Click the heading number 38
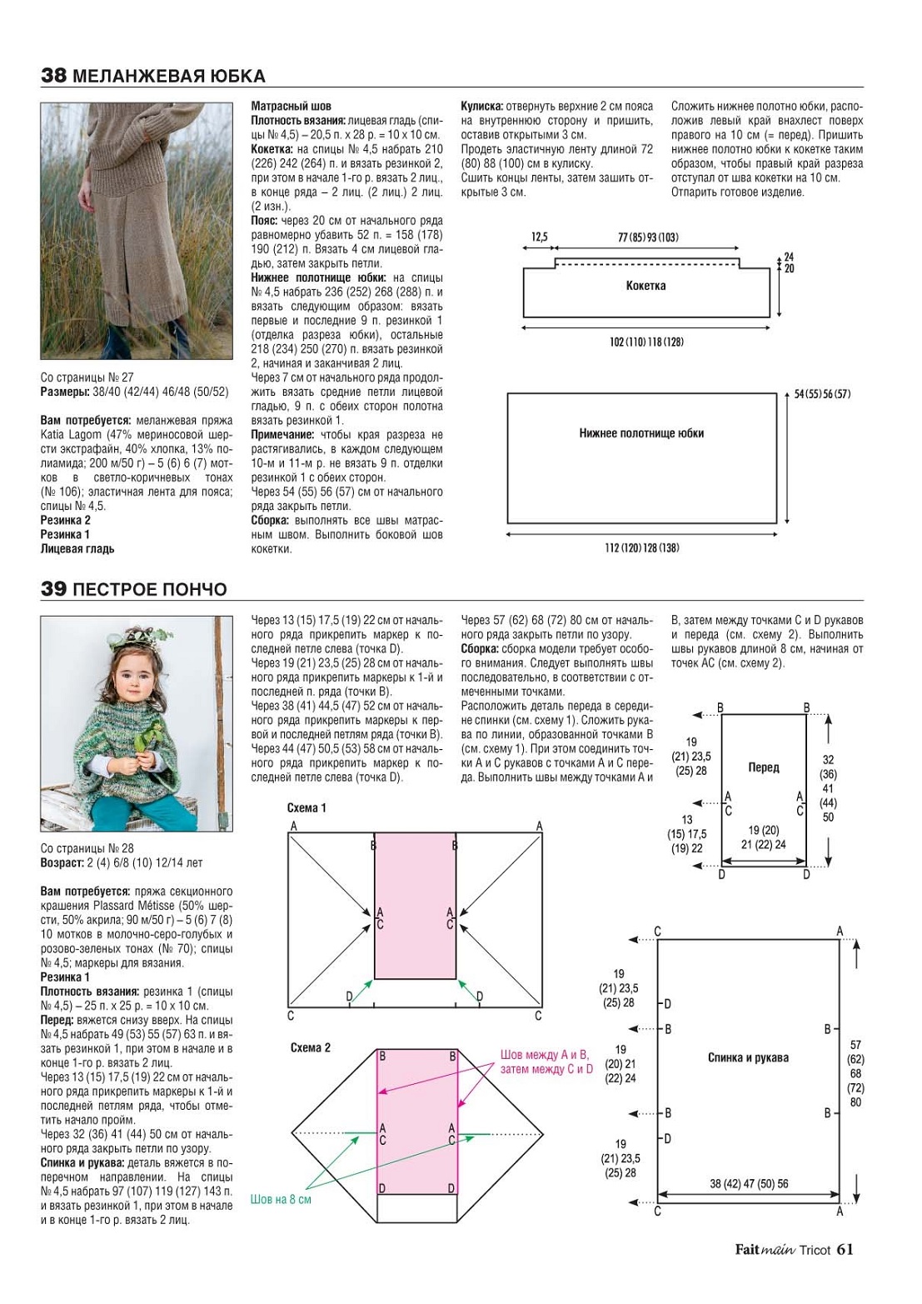pos(53,77)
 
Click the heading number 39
pos(53,590)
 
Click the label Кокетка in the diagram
pos(645,286)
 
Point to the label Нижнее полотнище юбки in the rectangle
pos(641,433)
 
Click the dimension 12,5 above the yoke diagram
pos(540,237)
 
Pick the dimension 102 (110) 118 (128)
pos(646,342)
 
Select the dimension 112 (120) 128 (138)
pos(641,547)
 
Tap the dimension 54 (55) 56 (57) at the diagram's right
pos(822,394)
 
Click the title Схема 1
pos(307,808)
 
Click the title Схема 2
pos(311,1047)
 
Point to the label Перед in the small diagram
pos(763,767)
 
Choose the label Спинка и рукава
pos(748,1058)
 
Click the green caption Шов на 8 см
pos(281,1199)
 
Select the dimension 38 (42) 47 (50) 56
pos(749,1183)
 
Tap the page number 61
pos(845,1249)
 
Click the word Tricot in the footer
pos(815,1250)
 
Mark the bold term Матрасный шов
pos(291,106)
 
